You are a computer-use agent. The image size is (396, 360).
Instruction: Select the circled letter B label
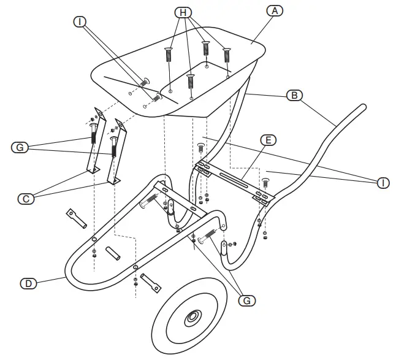(x=294, y=95)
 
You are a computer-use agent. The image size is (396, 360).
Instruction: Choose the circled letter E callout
(x=267, y=139)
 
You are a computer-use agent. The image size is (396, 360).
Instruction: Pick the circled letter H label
(x=183, y=12)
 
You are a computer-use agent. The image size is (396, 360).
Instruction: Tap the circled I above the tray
(x=79, y=22)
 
